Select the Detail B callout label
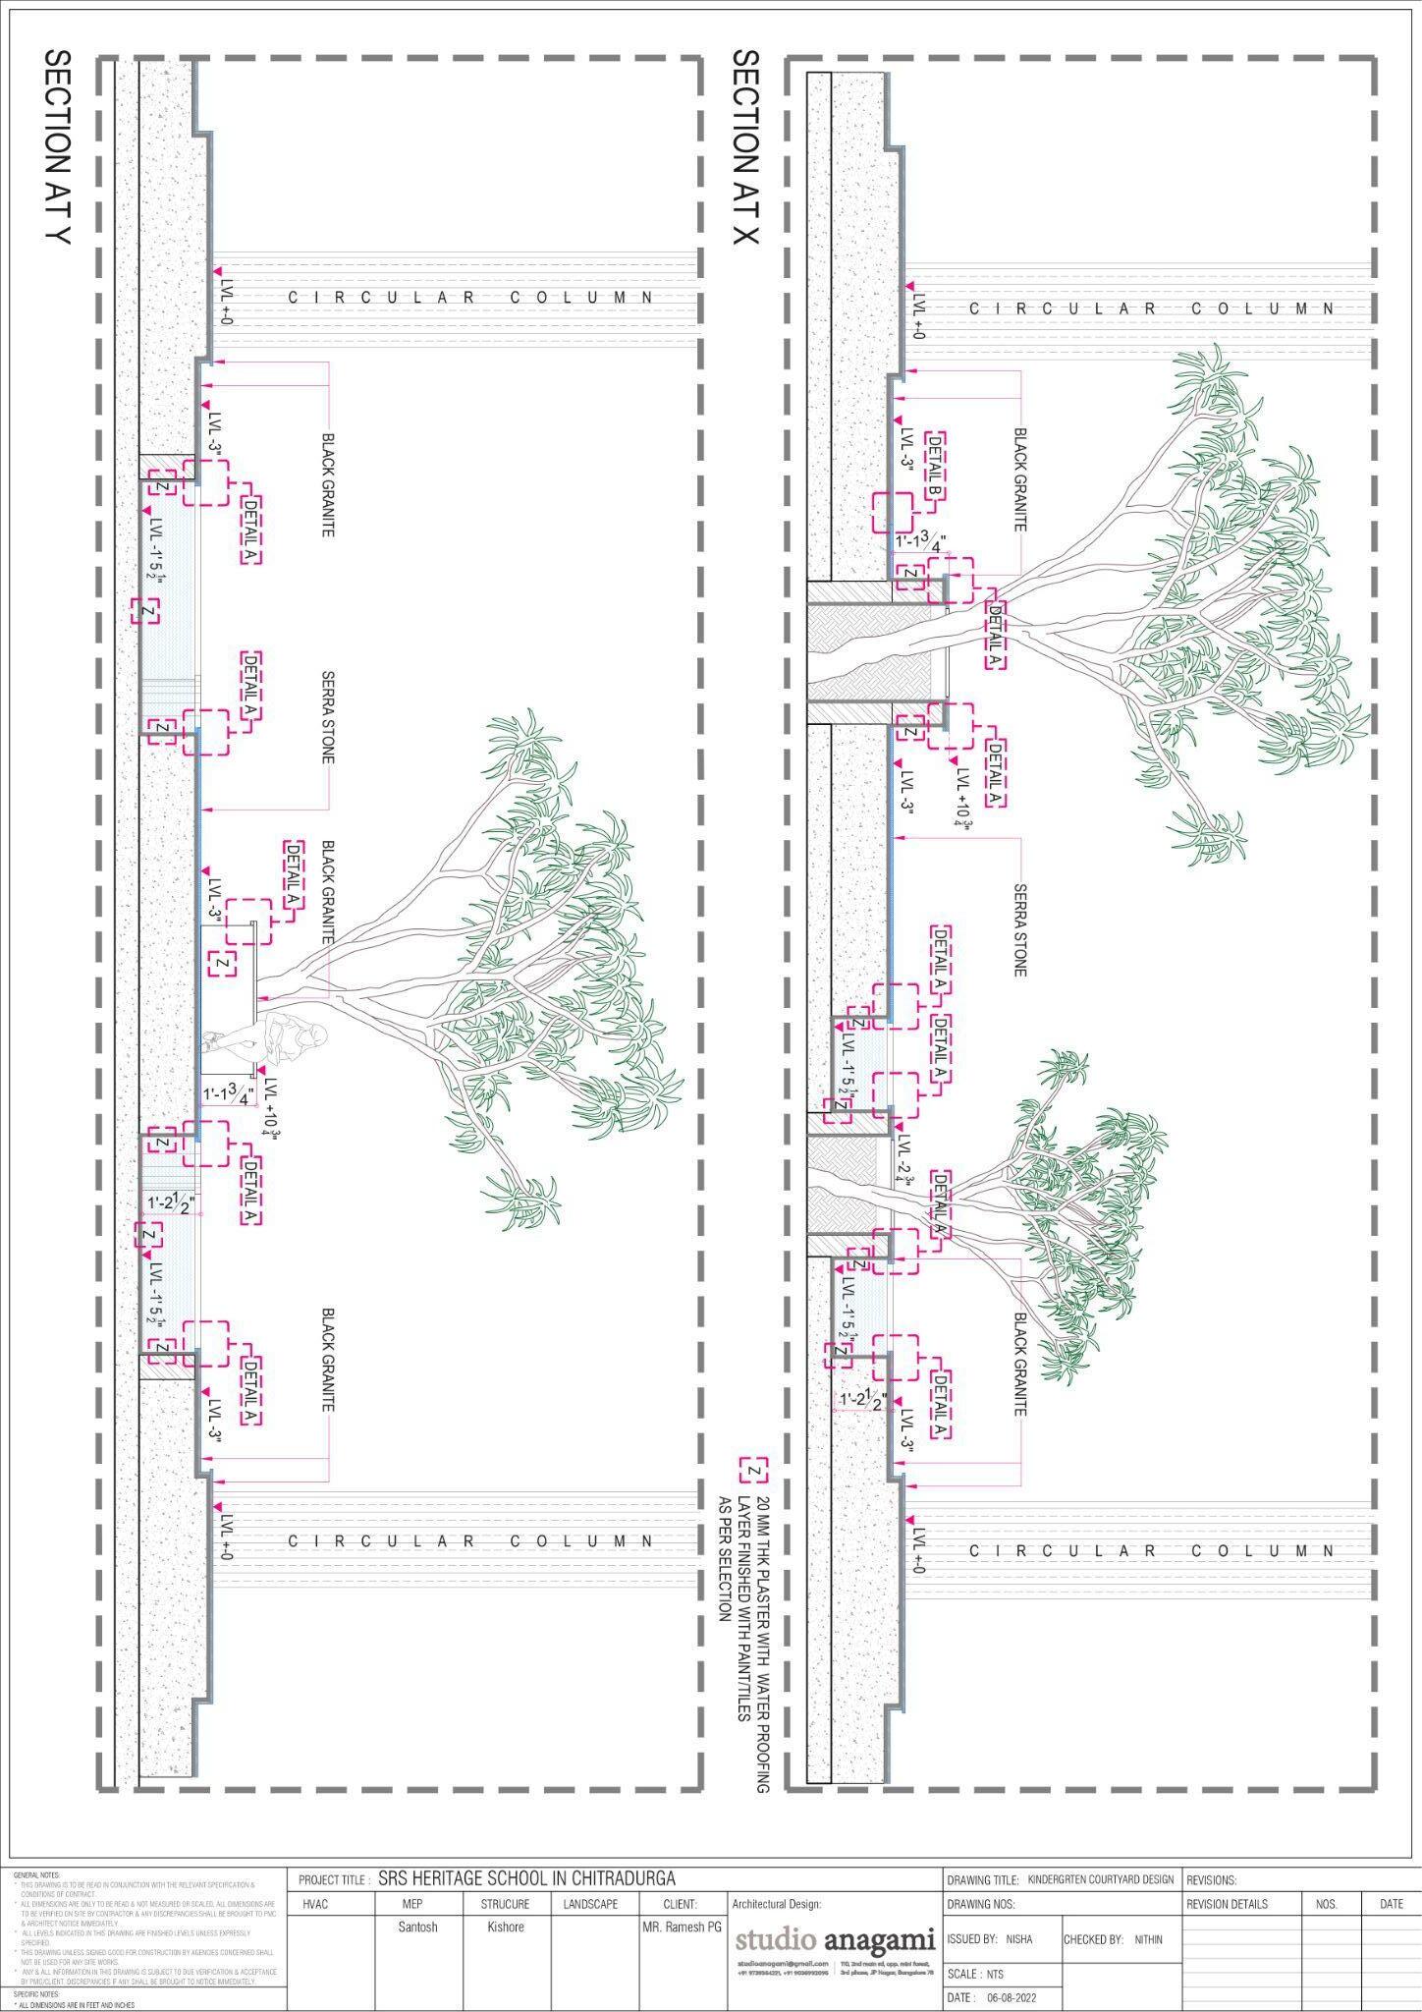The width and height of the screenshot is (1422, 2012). coord(936,469)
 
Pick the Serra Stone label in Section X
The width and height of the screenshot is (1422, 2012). coord(1019,929)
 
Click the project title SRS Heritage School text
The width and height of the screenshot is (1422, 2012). coord(526,1879)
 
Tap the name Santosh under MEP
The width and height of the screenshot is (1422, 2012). coord(418,1927)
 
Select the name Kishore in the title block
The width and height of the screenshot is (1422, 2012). coord(506,1927)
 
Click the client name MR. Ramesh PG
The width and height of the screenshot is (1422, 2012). coord(682,1928)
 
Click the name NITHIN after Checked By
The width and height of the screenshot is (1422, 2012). coord(1148,1939)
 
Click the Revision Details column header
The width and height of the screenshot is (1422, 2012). coord(1227,1904)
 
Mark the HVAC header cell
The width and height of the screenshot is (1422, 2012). coord(315,1904)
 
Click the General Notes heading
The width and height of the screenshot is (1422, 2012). coord(36,1874)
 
